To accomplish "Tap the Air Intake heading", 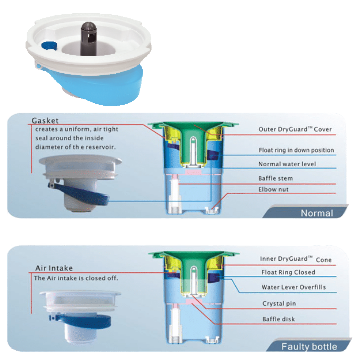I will (x=54, y=268).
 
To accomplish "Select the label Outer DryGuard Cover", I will (x=295, y=129).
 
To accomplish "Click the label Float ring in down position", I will (x=296, y=150).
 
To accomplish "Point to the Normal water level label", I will (x=287, y=164).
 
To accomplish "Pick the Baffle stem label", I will (x=275, y=178).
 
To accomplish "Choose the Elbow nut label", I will (x=273, y=189).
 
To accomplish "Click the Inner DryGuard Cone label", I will (x=296, y=259).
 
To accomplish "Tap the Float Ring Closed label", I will (x=288, y=272).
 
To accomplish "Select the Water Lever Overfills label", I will (x=294, y=287).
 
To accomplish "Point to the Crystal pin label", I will (x=279, y=304).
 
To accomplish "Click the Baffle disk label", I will (x=279, y=319).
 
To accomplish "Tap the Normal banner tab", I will (x=316, y=213).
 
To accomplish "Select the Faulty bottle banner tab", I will (x=309, y=346).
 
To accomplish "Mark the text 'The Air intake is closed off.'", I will (x=76, y=278).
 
